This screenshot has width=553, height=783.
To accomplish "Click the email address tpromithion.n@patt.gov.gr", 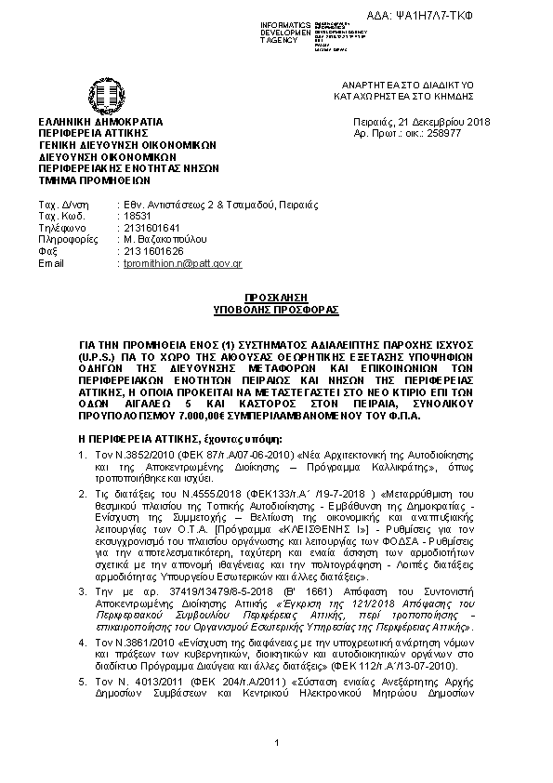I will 182,264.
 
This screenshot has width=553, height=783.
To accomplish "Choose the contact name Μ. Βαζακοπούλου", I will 162,239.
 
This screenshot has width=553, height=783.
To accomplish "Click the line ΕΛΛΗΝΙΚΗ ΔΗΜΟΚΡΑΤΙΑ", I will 99,122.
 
